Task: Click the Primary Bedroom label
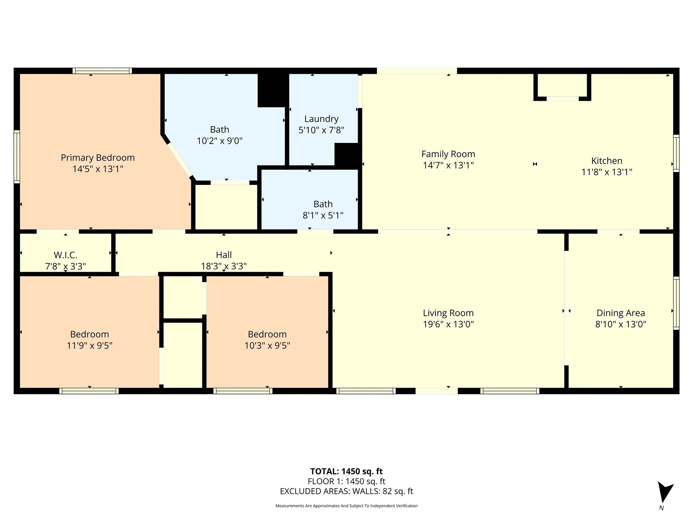point(98,158)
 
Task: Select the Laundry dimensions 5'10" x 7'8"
point(321,130)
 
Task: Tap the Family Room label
point(448,154)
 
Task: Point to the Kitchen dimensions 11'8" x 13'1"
point(606,172)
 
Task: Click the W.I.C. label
point(65,255)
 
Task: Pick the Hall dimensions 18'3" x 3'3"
point(224,266)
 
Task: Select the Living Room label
point(448,313)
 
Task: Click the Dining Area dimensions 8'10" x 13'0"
point(620,324)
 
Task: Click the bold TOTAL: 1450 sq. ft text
point(346,471)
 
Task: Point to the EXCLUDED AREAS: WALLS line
point(346,491)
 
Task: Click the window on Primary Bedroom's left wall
point(17,157)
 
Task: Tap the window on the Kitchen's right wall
point(676,153)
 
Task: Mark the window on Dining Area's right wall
point(676,303)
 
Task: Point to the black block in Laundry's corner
point(346,155)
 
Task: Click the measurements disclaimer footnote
point(346,506)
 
